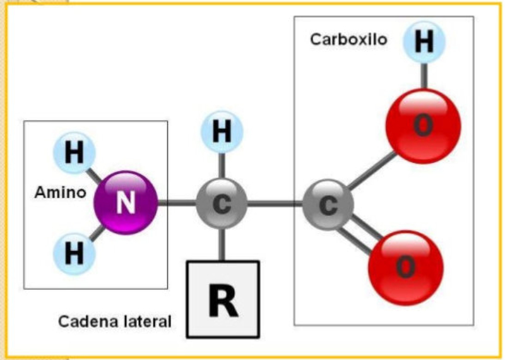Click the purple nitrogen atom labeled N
[x=126, y=203]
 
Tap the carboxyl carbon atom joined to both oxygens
[x=328, y=205]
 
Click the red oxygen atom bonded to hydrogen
[x=423, y=126]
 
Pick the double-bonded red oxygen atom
[x=406, y=268]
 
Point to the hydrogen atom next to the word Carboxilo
[x=424, y=42]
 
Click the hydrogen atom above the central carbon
[x=222, y=131]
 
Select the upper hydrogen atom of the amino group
[x=74, y=153]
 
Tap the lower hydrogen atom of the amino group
[x=74, y=253]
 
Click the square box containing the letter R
[x=223, y=299]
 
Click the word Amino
[x=60, y=193]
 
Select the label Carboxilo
[x=348, y=39]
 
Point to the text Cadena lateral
[x=115, y=321]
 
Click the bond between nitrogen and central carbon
[x=177, y=203]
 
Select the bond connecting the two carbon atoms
[x=275, y=204]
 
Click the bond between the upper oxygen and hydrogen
[x=424, y=76]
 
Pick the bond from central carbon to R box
[x=222, y=244]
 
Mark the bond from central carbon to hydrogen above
[x=222, y=165]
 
